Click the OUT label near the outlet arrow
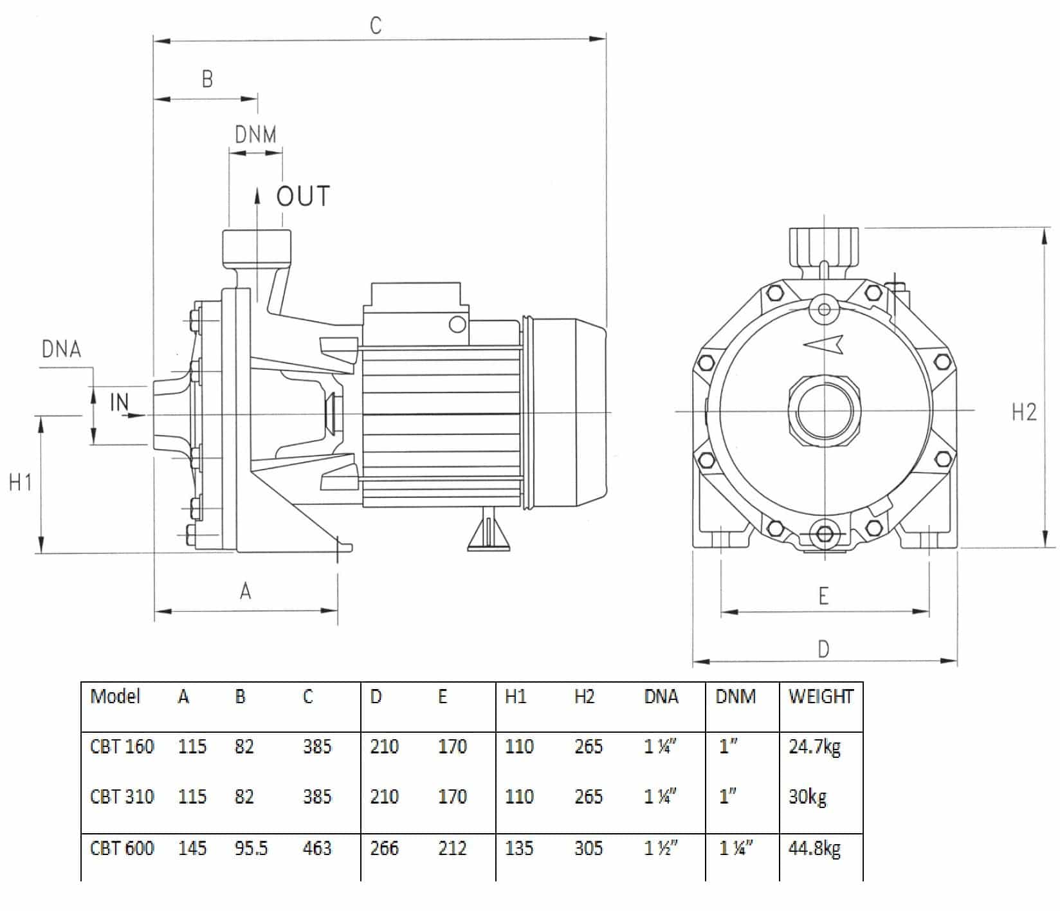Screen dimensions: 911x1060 coord(303,196)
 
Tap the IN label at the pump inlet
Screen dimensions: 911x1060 coord(120,402)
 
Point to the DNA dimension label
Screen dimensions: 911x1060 coord(62,349)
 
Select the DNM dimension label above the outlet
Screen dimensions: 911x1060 coord(255,135)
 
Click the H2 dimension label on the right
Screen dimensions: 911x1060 coord(1024,412)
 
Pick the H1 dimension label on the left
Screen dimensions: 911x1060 coord(21,482)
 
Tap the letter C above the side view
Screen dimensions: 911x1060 coord(376,26)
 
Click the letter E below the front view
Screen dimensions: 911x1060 coord(823,597)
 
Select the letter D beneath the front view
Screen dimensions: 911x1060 coord(823,649)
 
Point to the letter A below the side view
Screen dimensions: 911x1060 coord(245,591)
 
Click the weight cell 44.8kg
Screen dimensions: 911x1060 coord(814,849)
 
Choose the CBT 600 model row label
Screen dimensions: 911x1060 coord(122,849)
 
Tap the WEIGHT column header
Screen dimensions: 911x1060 coord(821,697)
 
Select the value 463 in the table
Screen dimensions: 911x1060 coord(317,849)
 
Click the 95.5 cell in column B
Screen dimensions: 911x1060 coord(251,849)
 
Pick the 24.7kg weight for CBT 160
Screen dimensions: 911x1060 coord(814,747)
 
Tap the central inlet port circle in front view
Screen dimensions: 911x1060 coord(824,411)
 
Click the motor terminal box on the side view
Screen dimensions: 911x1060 coord(414,297)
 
